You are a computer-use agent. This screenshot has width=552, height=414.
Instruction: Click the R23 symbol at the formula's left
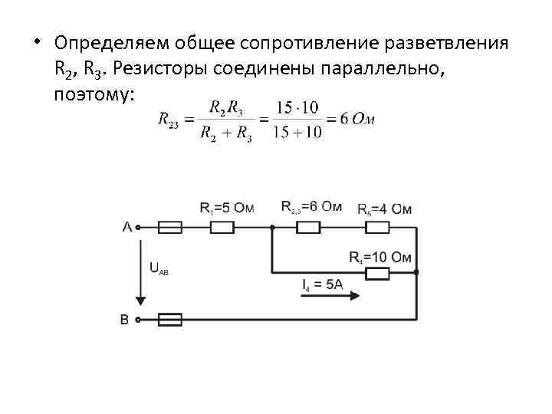point(169,120)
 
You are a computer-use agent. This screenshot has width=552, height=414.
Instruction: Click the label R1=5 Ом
point(226,208)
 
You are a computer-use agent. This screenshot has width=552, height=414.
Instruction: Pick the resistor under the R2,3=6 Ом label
point(308,227)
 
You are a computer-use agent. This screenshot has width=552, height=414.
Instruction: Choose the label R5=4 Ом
point(384,209)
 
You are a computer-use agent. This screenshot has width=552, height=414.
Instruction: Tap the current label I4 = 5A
point(323,285)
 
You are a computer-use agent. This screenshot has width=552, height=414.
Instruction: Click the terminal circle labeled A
point(139,227)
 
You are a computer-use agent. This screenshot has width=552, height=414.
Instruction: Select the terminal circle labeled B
point(139,320)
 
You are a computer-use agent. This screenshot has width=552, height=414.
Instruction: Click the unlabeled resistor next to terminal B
point(169,320)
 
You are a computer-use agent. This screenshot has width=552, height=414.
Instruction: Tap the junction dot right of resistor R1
point(272,227)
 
